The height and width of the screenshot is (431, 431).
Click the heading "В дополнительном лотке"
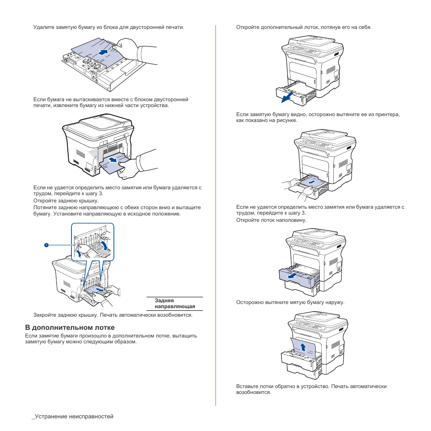click(69, 327)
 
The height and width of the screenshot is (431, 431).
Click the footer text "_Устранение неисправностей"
click(72, 416)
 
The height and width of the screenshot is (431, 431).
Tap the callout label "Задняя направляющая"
click(174, 303)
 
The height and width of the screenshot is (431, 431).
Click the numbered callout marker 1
click(46, 245)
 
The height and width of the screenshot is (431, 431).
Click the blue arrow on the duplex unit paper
click(103, 52)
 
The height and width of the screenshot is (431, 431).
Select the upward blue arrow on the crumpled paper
click(304, 347)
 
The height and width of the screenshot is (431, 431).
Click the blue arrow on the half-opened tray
click(293, 275)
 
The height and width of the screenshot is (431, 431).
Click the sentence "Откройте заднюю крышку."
click(66, 201)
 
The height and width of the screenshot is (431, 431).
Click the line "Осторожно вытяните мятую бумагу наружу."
click(290, 302)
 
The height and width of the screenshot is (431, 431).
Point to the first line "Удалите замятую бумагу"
click(108, 27)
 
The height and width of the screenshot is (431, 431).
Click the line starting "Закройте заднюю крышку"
click(113, 315)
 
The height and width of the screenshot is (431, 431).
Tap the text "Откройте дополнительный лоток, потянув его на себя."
click(304, 27)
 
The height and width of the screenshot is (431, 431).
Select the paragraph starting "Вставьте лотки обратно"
click(311, 389)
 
